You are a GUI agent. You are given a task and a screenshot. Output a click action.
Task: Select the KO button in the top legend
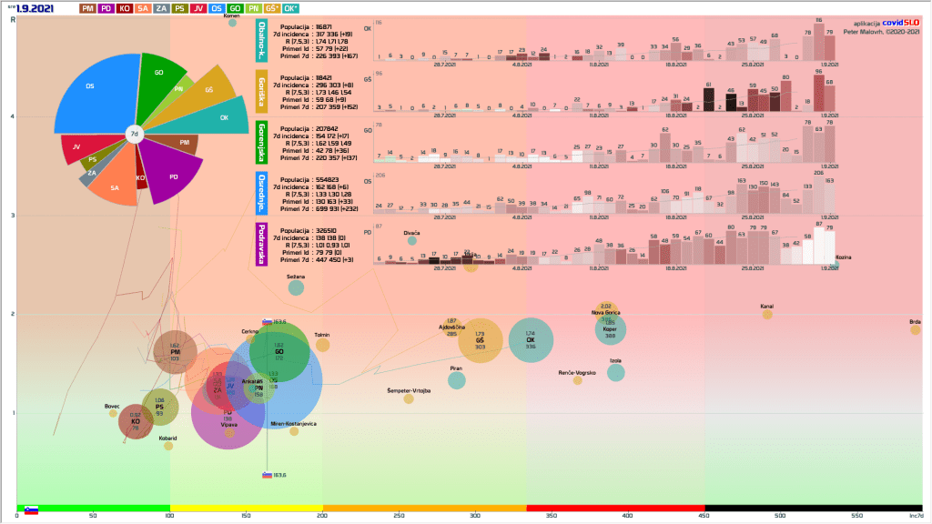click(125, 8)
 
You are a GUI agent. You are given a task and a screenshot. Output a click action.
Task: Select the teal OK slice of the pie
click(219, 117)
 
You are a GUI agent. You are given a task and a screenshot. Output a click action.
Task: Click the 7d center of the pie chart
click(135, 135)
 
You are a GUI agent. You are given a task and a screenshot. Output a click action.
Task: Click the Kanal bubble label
click(767, 307)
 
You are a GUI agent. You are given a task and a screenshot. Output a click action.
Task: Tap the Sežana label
click(296, 276)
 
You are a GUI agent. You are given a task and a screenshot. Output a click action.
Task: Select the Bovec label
click(112, 406)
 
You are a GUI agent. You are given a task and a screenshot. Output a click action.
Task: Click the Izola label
click(616, 361)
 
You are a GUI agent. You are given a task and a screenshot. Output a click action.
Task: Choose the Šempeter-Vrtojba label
click(409, 390)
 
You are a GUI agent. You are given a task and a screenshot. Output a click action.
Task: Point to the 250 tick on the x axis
click(399, 516)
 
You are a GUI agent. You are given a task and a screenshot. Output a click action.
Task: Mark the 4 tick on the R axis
click(11, 116)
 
